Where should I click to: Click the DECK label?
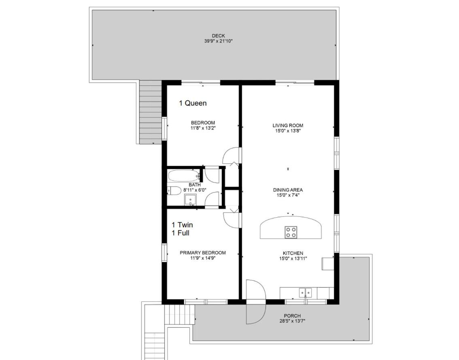[x=219, y=36]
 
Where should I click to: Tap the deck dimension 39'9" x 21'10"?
[x=219, y=41]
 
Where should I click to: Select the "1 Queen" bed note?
[x=193, y=103]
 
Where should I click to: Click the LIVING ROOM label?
[x=288, y=125]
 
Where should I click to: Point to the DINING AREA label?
[x=288, y=190]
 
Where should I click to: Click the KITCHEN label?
[x=293, y=253]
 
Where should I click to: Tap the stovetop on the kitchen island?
[x=291, y=232]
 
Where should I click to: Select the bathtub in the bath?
[x=184, y=176]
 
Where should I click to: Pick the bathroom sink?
[x=190, y=200]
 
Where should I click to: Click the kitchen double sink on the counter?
[x=305, y=292]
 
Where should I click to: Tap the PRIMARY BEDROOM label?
[x=203, y=253]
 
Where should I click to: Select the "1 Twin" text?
[x=183, y=225]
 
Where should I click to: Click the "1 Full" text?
[x=181, y=233]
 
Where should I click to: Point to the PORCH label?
[x=292, y=316]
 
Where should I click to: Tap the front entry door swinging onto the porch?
[x=255, y=302]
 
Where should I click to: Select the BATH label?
[x=195, y=185]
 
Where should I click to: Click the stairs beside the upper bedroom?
[x=151, y=112]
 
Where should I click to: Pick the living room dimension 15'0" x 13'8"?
[x=288, y=131]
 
